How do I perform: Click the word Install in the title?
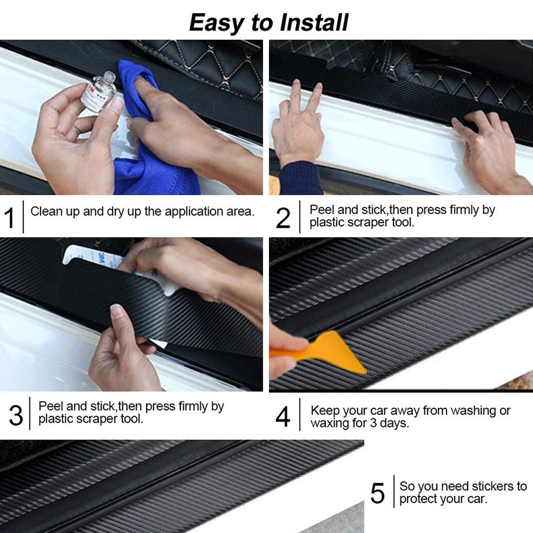(314, 23)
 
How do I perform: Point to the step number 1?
(10, 218)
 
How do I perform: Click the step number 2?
(283, 218)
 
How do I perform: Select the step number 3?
(16, 415)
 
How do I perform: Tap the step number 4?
(283, 416)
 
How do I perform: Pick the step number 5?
(377, 493)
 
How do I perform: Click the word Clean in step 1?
(46, 211)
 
